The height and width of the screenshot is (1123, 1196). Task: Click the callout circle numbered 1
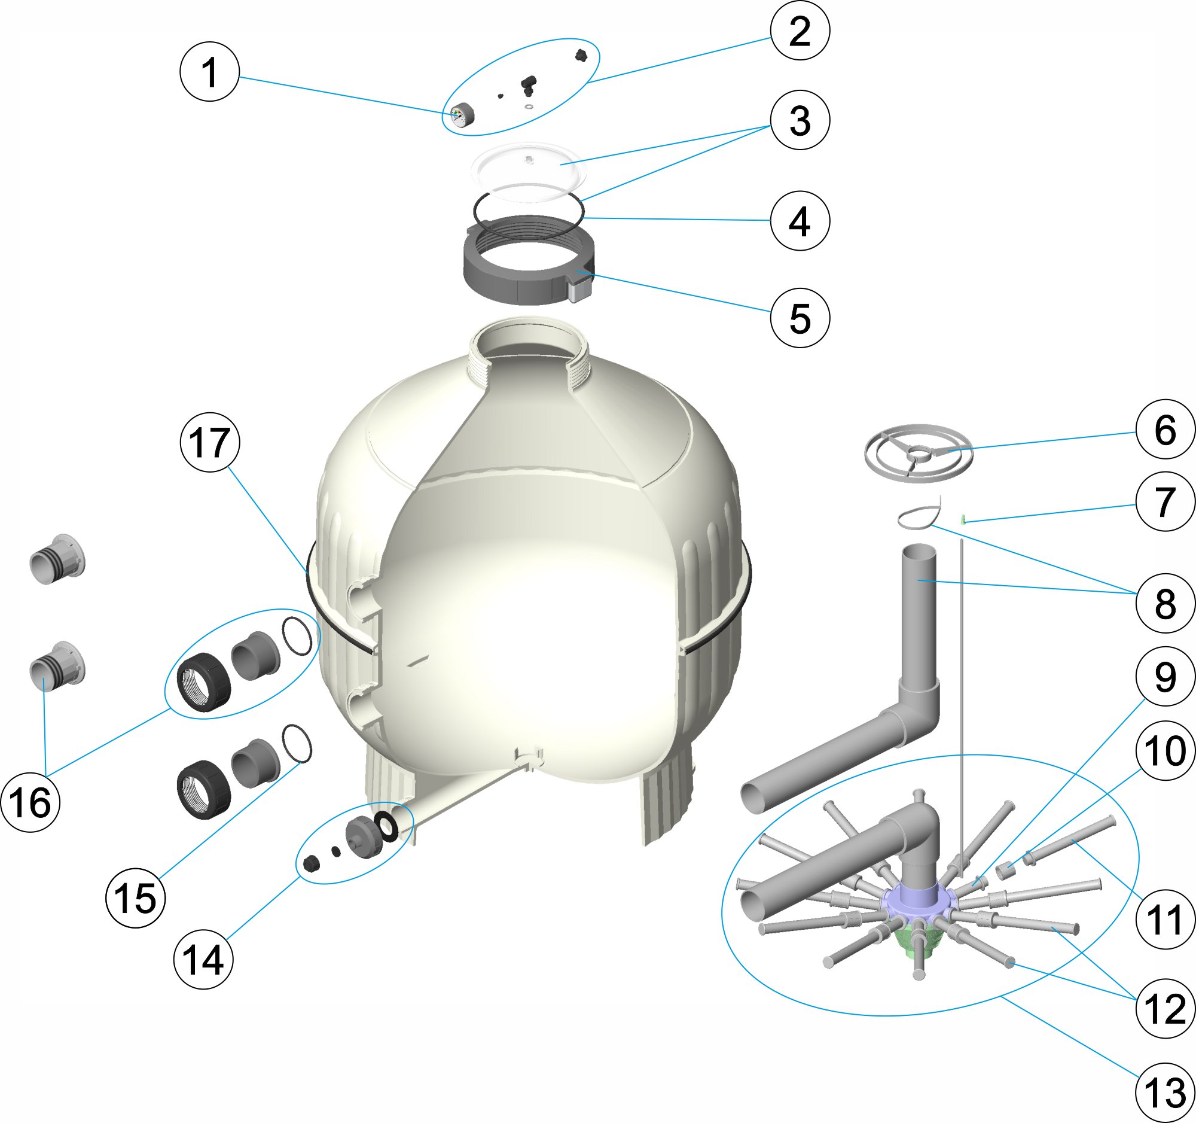pyautogui.click(x=209, y=72)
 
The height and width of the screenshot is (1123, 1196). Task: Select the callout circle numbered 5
pyautogui.click(x=800, y=318)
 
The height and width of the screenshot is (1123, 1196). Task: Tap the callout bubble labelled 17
pyautogui.click(x=209, y=442)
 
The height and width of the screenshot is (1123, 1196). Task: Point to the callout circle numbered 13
pyautogui.click(x=1165, y=1092)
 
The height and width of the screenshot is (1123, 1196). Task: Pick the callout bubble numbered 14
pyautogui.click(x=203, y=959)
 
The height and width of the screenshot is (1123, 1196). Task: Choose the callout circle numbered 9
pyautogui.click(x=1165, y=677)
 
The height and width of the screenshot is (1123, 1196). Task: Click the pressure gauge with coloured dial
pyautogui.click(x=462, y=115)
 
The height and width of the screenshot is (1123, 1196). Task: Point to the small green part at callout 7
pyautogui.click(x=963, y=519)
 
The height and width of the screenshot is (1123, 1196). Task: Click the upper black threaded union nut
pyautogui.click(x=203, y=683)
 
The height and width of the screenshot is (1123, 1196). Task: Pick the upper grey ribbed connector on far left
pyautogui.click(x=57, y=559)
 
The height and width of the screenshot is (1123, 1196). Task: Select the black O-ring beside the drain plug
pyautogui.click(x=385, y=826)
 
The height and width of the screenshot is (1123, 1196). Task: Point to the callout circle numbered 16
pyautogui.click(x=30, y=802)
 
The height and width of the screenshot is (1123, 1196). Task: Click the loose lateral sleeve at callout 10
pyautogui.click(x=1003, y=869)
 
